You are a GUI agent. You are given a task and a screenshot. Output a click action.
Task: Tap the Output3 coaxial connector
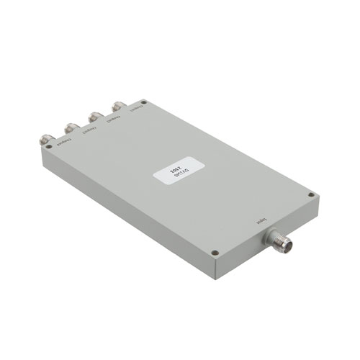72,127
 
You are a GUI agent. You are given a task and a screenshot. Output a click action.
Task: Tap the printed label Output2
109,122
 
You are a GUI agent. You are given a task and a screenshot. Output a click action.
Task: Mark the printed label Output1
132,112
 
